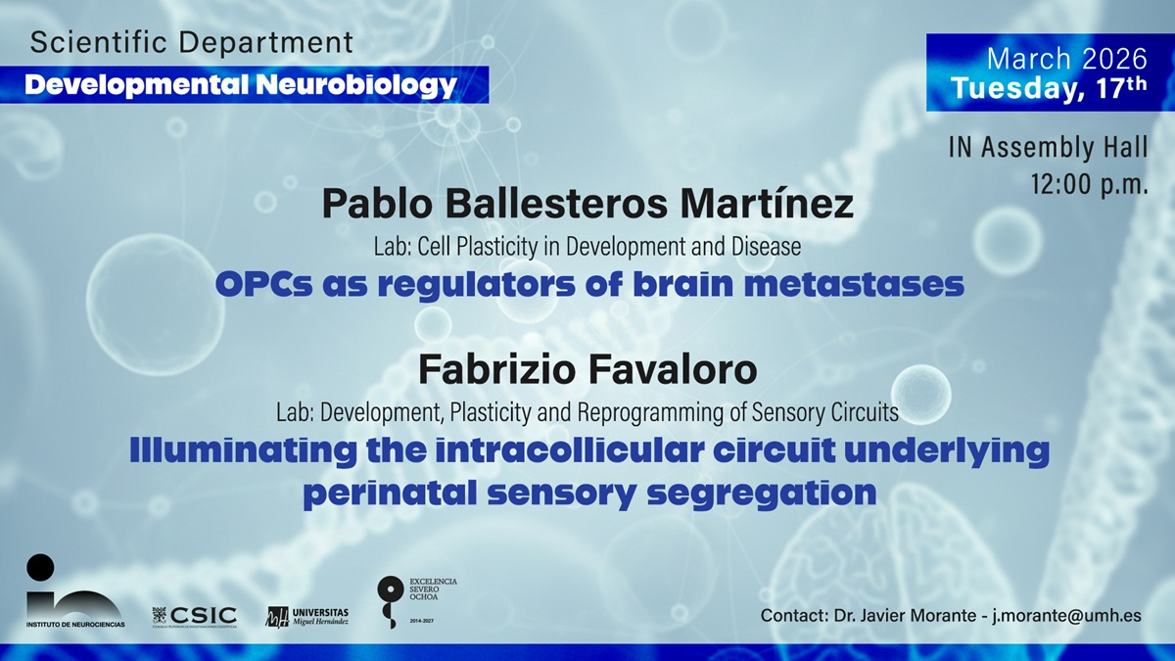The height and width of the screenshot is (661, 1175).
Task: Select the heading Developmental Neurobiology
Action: pyautogui.click(x=241, y=85)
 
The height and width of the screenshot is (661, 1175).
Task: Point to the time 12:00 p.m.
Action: pyautogui.click(x=1090, y=183)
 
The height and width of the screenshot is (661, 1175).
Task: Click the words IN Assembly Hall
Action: pyautogui.click(x=1048, y=147)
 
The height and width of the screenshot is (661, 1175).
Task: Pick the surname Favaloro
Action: pyautogui.click(x=673, y=370)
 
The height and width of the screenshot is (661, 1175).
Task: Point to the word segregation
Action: pyautogui.click(x=762, y=494)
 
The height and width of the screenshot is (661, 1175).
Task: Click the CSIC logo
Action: pyautogui.click(x=195, y=616)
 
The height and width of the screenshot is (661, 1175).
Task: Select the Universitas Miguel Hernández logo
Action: pyautogui.click(x=307, y=616)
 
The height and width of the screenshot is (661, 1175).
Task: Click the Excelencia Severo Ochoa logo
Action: pyautogui.click(x=417, y=601)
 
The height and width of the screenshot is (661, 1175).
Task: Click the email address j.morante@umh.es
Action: pyautogui.click(x=1067, y=615)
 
